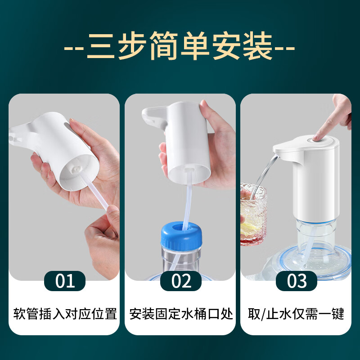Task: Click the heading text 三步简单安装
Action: click(180, 47)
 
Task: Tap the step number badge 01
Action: click(65, 281)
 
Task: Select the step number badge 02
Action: click(181, 281)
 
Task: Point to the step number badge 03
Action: click(297, 281)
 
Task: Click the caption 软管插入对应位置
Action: click(65, 314)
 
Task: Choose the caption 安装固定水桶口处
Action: click(181, 314)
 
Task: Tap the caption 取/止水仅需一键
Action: click(297, 314)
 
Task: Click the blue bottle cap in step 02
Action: click(181, 234)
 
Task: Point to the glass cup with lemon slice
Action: click(253, 214)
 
